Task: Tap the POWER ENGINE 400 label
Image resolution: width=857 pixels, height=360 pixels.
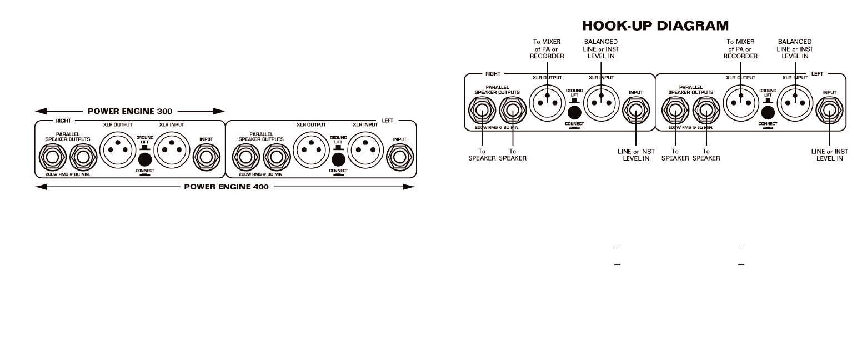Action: [x=226, y=187]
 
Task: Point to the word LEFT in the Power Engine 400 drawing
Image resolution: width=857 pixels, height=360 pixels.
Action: [x=387, y=120]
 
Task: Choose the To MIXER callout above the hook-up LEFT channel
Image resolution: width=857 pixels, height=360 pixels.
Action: [x=741, y=49]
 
